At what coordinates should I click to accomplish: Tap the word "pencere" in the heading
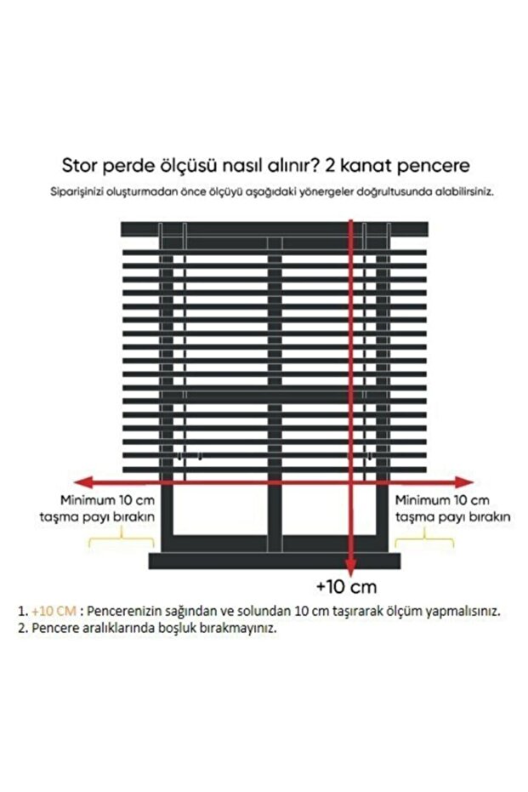[x=431, y=164]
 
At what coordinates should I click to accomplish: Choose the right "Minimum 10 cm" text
[x=442, y=499]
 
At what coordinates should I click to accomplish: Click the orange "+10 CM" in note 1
[x=54, y=611]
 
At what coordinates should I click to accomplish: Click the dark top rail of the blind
[x=271, y=229]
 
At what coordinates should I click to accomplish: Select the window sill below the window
[x=274, y=561]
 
